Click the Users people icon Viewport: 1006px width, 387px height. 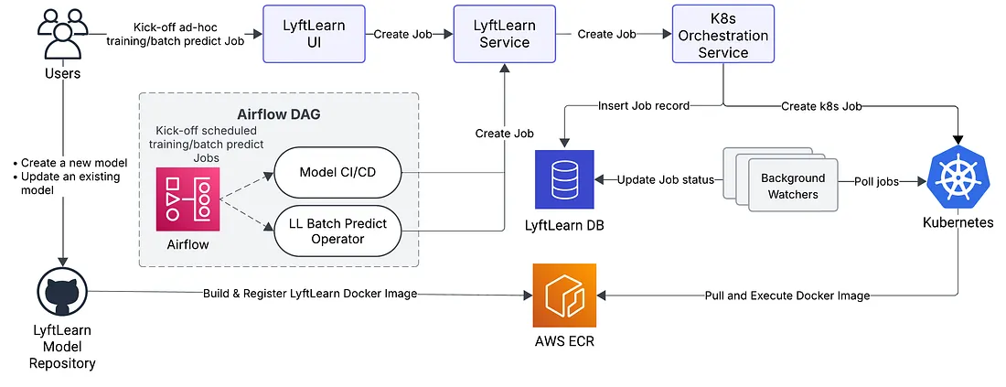click(x=63, y=34)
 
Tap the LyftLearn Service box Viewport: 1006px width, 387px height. click(x=504, y=34)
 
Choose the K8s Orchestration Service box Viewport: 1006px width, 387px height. click(x=722, y=34)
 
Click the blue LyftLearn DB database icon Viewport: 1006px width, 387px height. click(x=564, y=179)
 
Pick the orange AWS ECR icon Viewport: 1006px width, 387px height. click(x=564, y=296)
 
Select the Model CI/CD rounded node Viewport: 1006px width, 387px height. click(x=337, y=172)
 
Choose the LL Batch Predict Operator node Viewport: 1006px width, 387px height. click(x=337, y=231)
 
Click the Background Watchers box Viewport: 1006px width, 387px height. click(x=792, y=185)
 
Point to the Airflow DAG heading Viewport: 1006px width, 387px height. click(x=277, y=114)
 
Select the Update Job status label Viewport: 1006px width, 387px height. click(x=665, y=179)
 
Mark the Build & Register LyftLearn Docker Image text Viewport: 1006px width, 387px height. click(x=309, y=293)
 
